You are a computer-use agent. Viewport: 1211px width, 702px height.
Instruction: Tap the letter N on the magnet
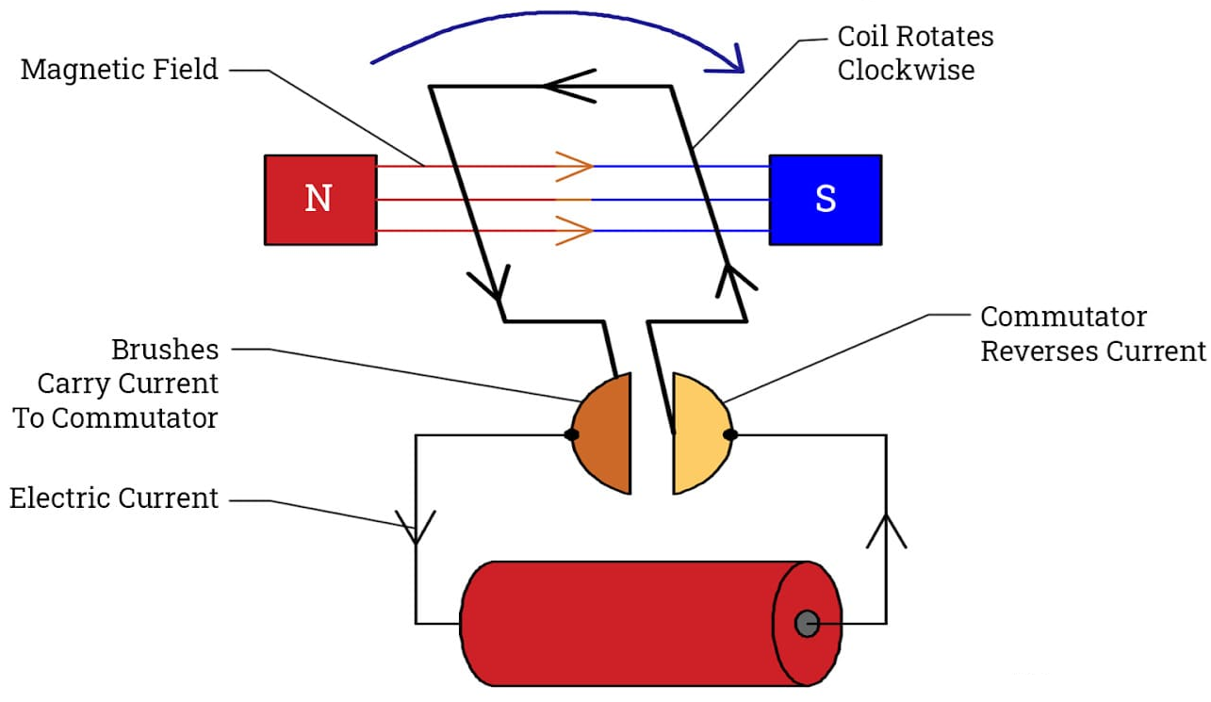tap(319, 199)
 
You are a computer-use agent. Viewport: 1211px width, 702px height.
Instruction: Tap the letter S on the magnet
tap(826, 199)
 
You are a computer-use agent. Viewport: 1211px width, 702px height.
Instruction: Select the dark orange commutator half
tap(606, 434)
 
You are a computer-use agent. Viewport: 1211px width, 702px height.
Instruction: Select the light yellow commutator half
tap(697, 434)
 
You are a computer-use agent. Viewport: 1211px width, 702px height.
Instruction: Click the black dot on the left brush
tap(571, 434)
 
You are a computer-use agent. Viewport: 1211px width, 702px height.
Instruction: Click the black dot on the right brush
tap(729, 434)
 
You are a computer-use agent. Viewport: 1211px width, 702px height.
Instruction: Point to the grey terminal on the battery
tap(807, 623)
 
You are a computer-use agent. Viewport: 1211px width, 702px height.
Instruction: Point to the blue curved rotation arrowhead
tap(731, 62)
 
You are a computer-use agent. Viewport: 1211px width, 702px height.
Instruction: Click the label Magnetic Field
tap(119, 70)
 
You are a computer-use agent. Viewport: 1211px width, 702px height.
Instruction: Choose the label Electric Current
tap(114, 498)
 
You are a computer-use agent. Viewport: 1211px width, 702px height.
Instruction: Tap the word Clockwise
tap(906, 70)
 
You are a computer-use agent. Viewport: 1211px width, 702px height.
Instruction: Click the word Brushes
tap(165, 350)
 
